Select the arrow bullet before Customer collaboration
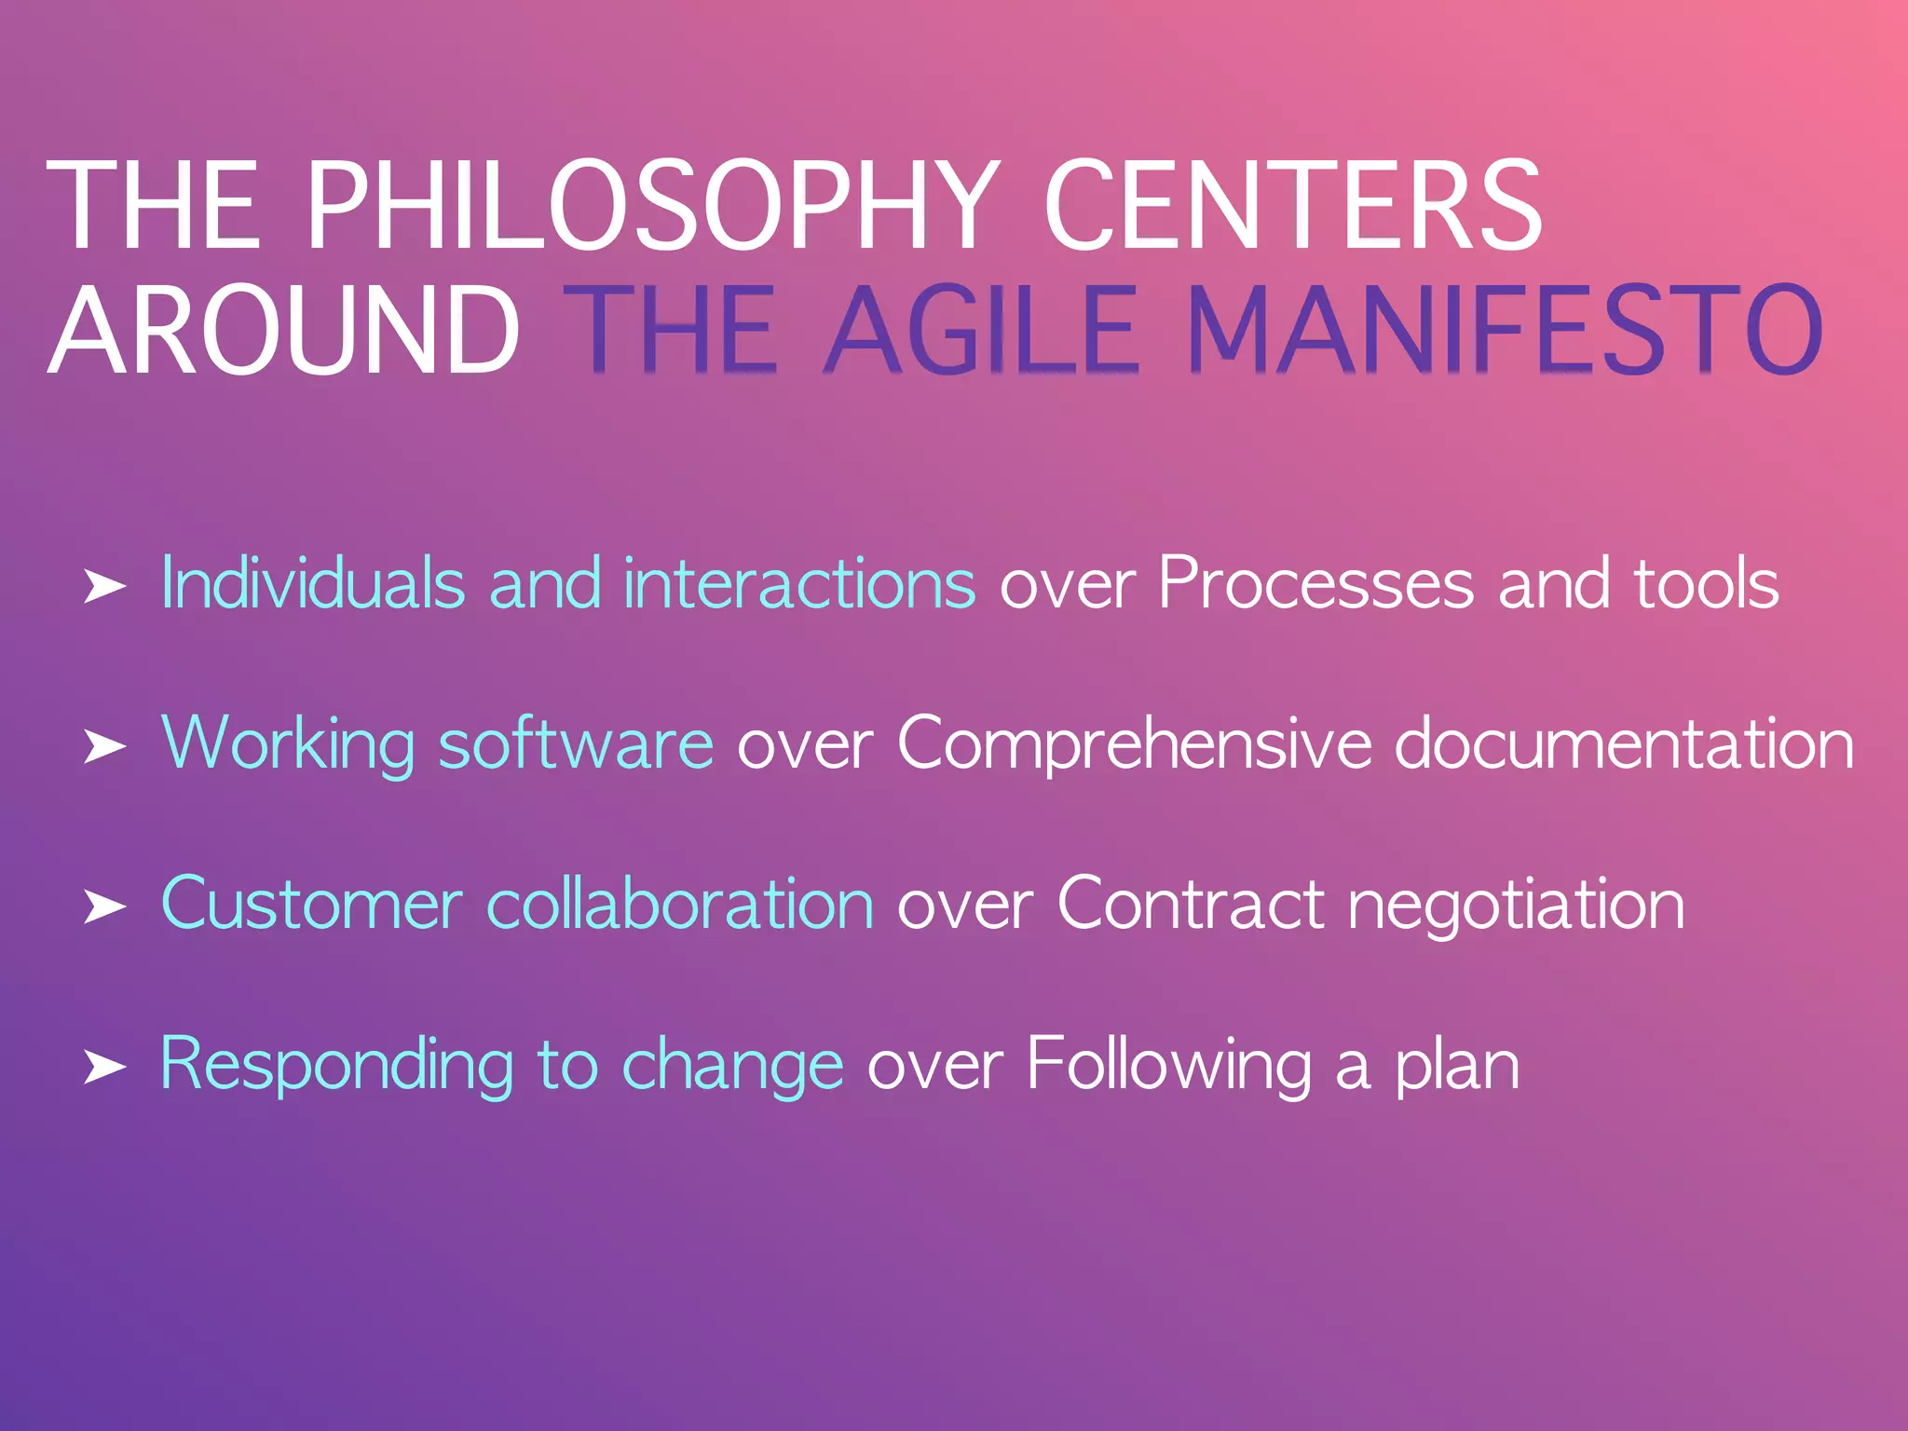click(x=104, y=906)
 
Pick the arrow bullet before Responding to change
click(x=104, y=1067)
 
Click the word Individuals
click(x=312, y=584)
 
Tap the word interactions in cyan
click(x=799, y=584)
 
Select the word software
click(x=576, y=744)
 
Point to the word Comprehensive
click(x=1134, y=744)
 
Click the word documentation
click(x=1624, y=744)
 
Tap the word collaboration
click(x=680, y=904)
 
